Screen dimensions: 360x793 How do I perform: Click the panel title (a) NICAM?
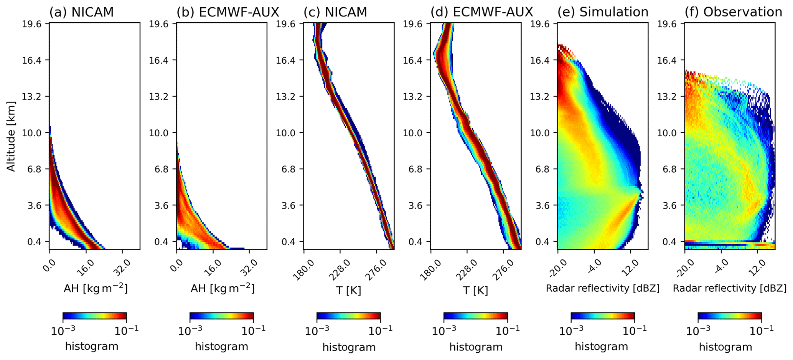point(81,12)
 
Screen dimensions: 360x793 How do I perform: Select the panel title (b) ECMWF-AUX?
point(228,12)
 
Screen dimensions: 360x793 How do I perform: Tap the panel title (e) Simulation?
point(603,12)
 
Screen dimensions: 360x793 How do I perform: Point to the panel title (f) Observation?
point(733,12)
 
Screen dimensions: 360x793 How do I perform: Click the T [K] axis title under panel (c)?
point(348,290)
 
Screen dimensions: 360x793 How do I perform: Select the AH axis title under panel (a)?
point(95,289)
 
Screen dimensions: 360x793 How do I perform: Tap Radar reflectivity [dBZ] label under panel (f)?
point(729,288)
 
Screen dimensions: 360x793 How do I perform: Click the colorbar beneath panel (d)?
point(475,316)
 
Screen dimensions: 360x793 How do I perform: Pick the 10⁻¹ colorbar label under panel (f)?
point(762,330)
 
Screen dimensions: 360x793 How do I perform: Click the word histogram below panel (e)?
point(601,347)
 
